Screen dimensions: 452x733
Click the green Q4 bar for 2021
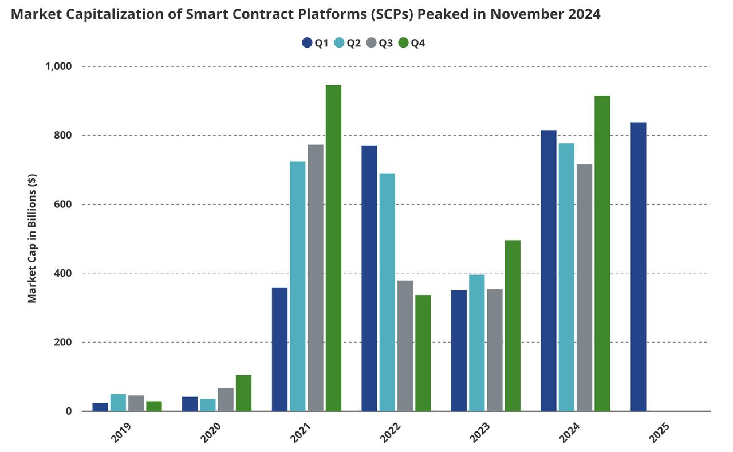click(333, 247)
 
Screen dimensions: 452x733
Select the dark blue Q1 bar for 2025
click(638, 266)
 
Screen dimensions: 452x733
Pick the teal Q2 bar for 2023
click(476, 343)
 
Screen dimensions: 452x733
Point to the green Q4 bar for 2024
click(602, 253)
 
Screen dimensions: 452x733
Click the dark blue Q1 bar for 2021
click(279, 349)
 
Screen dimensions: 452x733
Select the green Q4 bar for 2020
click(243, 393)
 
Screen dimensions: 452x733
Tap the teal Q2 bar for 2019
click(118, 402)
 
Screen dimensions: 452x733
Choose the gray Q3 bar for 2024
click(584, 288)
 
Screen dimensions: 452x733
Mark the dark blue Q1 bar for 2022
click(369, 278)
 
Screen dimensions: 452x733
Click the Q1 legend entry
click(315, 43)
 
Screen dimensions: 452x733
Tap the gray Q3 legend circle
click(371, 43)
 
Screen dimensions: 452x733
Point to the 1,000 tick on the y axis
click(58, 66)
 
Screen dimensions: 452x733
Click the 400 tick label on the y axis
click(61, 273)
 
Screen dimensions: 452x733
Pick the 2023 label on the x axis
click(480, 433)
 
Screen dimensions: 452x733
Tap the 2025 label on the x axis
click(659, 433)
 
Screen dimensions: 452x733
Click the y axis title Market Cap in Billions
click(32, 238)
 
